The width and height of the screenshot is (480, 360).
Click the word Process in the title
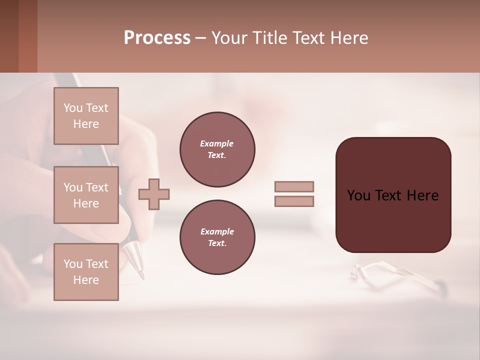coord(157,38)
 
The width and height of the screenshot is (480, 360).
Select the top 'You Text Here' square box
coord(86,116)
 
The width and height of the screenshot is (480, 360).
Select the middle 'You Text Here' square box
coord(86,195)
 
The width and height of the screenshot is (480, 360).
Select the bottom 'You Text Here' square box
coord(86,272)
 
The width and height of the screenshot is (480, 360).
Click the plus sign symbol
coord(154,194)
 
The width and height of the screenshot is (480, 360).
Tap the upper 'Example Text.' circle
coord(217,149)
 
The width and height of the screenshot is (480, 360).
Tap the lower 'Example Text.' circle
coord(217,237)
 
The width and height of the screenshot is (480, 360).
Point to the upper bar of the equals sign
coord(294,187)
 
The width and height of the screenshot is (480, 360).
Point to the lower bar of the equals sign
coord(294,201)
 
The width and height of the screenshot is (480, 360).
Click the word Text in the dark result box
coord(392,195)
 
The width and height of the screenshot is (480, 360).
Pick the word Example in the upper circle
coord(217,144)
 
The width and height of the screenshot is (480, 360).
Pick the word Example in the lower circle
coord(217,232)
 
